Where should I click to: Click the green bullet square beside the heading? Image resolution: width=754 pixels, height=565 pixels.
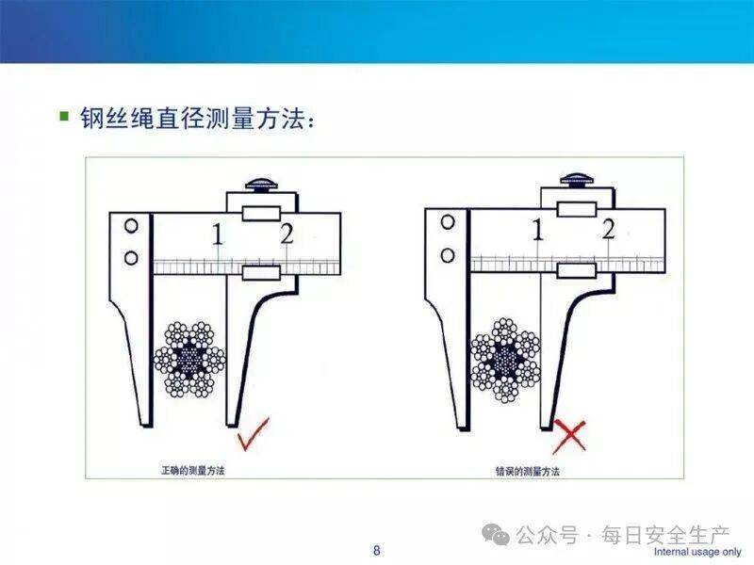64,116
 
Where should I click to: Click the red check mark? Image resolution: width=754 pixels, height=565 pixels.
252,435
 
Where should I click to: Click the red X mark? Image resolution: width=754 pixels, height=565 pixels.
569,436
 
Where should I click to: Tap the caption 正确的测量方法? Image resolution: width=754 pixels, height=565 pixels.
193,470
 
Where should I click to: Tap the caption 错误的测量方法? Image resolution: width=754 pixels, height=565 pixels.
528,471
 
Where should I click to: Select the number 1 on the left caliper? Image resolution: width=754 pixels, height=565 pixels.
218,234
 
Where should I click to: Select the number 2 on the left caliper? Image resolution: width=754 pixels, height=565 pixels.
287,234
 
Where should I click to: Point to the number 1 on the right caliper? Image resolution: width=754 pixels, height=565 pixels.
538,230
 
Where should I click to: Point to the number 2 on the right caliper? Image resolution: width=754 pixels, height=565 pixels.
609,229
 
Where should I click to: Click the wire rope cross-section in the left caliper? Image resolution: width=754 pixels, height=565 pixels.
189,360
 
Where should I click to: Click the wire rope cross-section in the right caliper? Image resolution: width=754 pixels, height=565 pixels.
506,360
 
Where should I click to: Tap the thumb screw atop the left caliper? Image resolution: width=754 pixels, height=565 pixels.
262,185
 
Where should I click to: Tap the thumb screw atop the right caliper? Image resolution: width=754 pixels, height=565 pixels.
577,181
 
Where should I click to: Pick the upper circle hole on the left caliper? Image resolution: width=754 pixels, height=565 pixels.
131,225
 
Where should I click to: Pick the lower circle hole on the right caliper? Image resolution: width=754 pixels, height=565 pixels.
448,255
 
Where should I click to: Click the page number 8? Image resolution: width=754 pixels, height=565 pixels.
376,550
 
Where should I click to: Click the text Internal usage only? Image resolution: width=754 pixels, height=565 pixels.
697,552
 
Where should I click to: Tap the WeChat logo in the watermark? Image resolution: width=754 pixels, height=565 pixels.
496,533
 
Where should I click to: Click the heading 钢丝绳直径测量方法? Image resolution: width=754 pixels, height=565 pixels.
192,118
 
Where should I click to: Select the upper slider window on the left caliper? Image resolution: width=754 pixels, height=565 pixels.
261,214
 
